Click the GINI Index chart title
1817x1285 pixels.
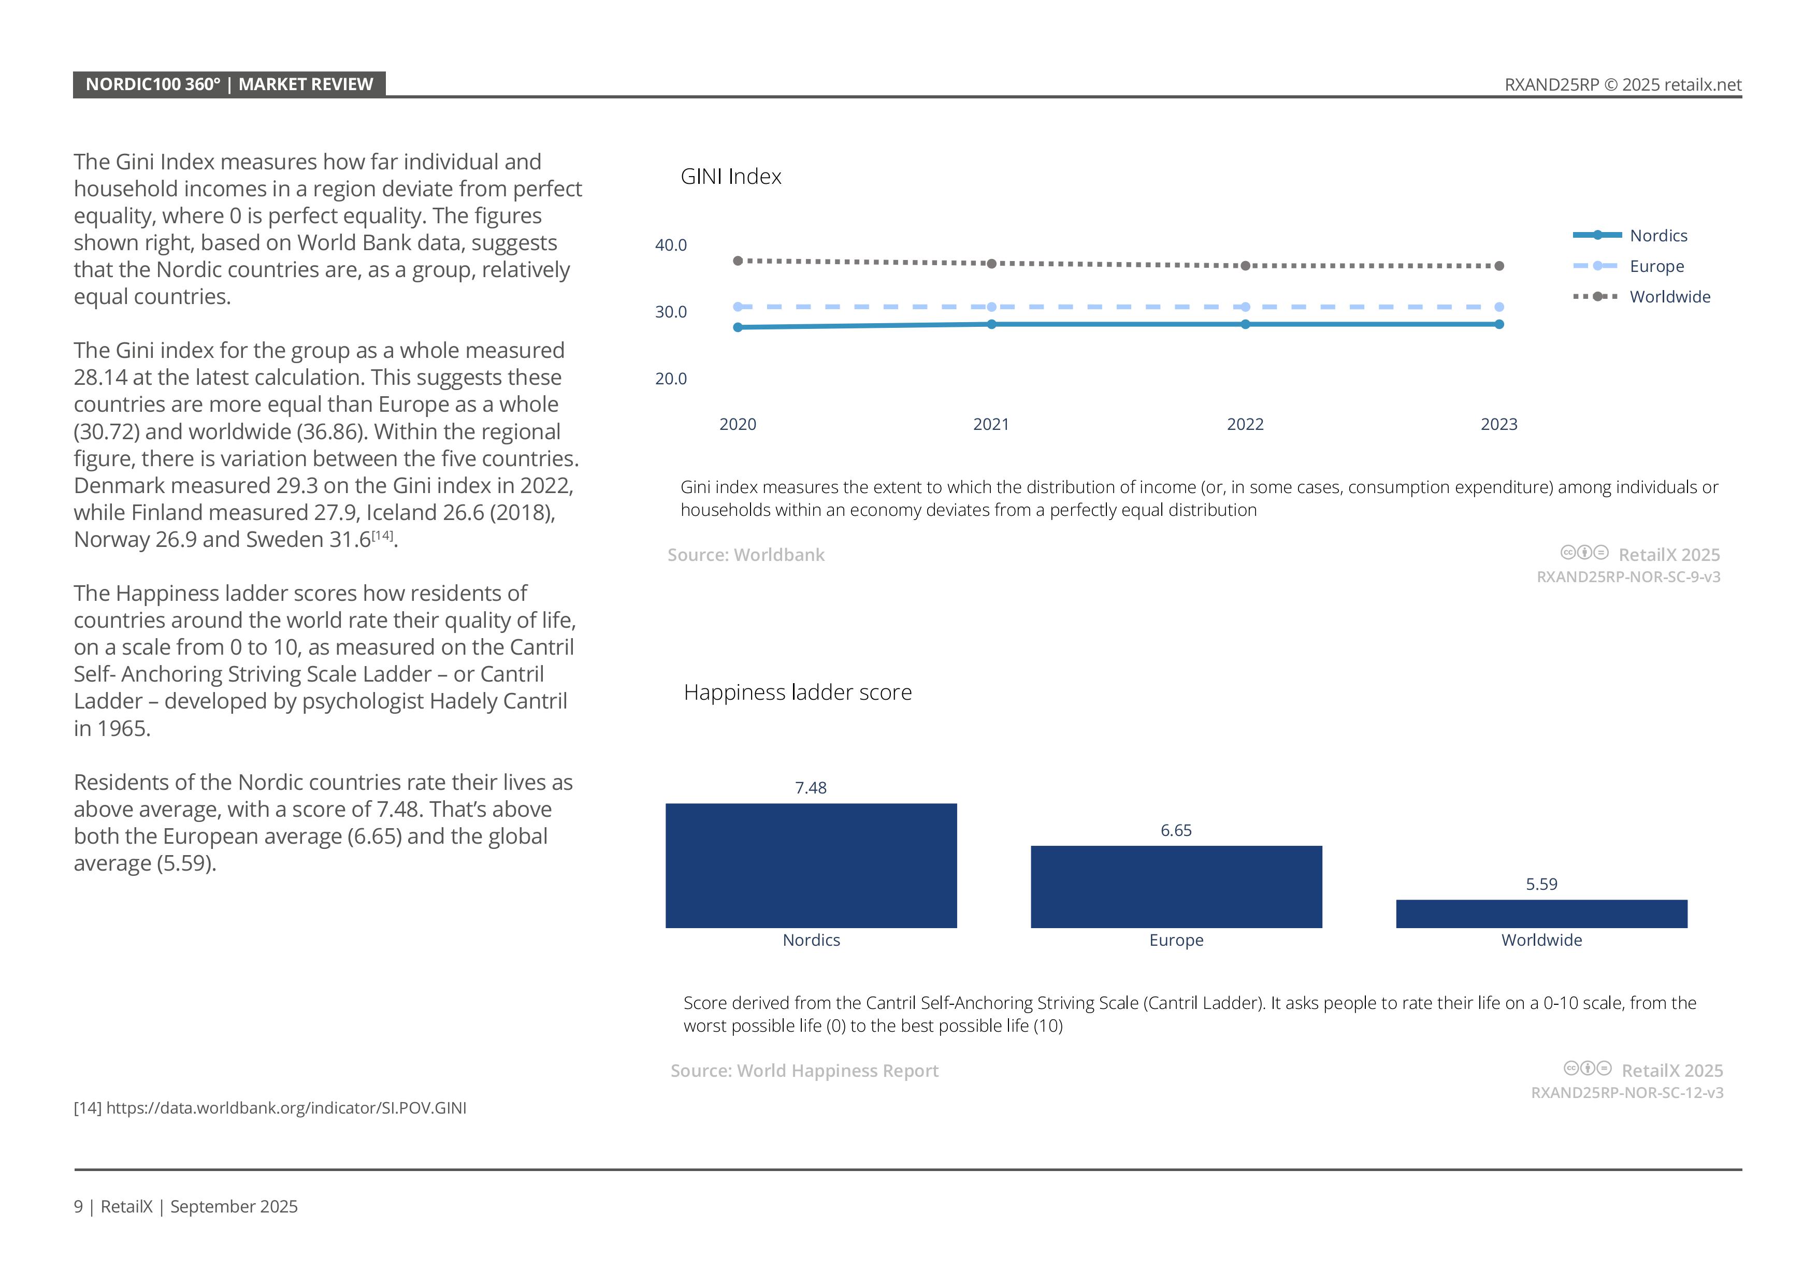tap(730, 177)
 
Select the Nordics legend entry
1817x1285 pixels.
tap(1658, 236)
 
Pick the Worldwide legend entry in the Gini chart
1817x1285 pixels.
tap(1669, 297)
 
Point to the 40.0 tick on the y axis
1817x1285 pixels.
tap(670, 246)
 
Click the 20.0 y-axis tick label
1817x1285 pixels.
tap(670, 379)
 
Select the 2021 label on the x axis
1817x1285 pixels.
tap(991, 425)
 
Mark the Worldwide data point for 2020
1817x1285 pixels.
tap(738, 261)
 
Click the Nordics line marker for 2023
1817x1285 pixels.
tap(1499, 324)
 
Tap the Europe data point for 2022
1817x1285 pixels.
tap(1245, 307)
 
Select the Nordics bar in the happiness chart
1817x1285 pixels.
tap(811, 865)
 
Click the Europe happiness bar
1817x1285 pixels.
tap(1176, 887)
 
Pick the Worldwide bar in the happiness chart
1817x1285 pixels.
tap(1541, 914)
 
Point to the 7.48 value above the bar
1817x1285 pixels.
tap(811, 788)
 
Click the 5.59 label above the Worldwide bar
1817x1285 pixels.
tap(1541, 885)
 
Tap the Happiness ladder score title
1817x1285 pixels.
tap(797, 692)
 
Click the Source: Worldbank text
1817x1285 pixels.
tap(745, 555)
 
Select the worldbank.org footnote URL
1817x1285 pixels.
tap(286, 1108)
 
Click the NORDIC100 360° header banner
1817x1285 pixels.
tap(229, 84)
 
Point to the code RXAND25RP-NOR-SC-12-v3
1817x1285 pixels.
tap(1626, 1093)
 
